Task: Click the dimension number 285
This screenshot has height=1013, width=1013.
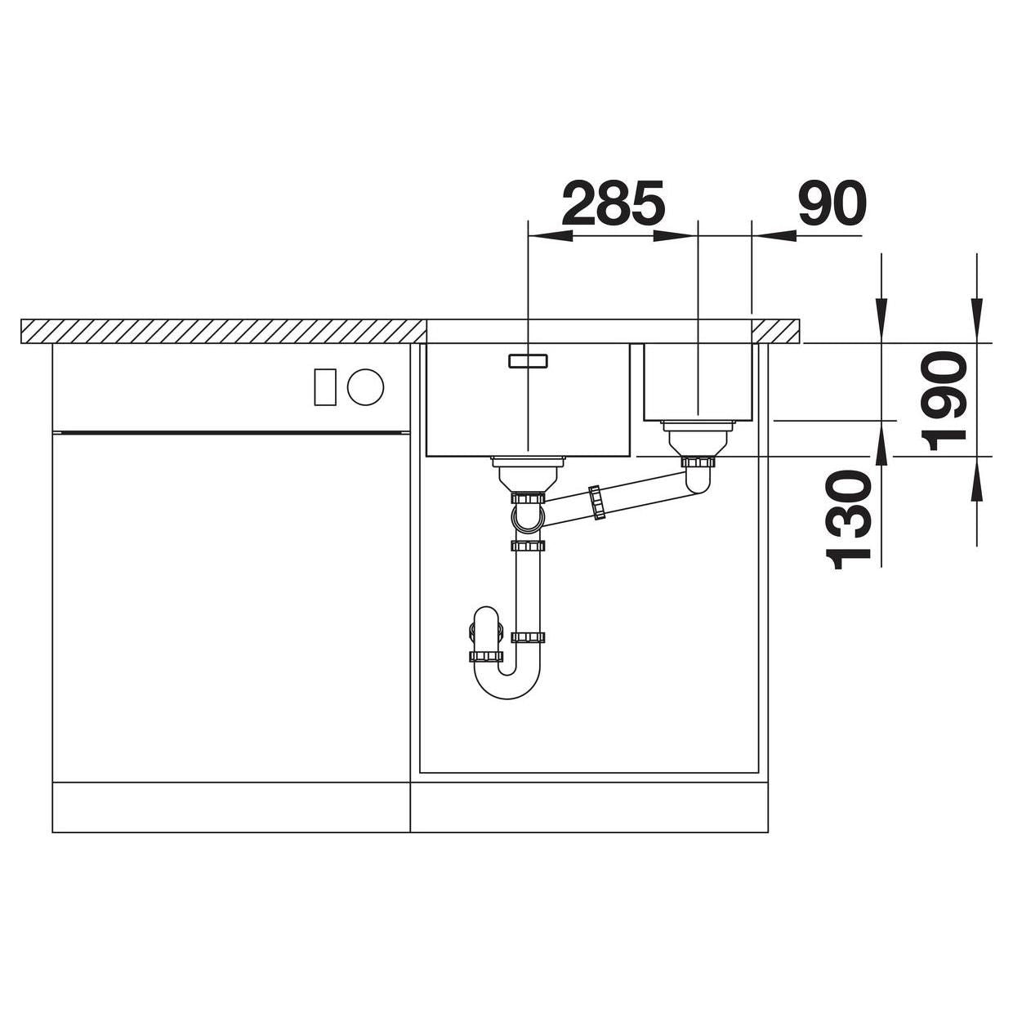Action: pyautogui.click(x=613, y=203)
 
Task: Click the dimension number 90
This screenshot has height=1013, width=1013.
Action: pyautogui.click(x=831, y=203)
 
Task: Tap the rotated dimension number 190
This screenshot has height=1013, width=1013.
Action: pyautogui.click(x=944, y=402)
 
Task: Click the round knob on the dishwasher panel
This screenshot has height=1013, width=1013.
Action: pyautogui.click(x=365, y=387)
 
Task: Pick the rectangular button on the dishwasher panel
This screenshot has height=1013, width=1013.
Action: pyautogui.click(x=325, y=387)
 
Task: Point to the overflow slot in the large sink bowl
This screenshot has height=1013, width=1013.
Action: pyautogui.click(x=529, y=360)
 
